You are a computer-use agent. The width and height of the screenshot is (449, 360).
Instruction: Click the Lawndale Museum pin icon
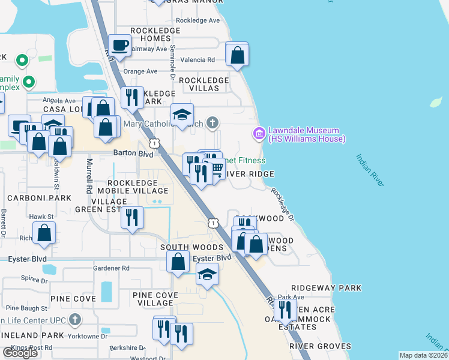[259, 133]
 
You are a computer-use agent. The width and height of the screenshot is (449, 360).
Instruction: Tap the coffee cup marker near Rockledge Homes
[119, 45]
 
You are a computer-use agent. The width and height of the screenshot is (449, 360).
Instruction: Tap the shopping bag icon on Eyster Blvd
[178, 262]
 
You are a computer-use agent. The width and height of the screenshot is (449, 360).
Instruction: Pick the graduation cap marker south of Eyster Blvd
[207, 274]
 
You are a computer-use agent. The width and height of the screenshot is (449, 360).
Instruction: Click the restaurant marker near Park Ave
[285, 310]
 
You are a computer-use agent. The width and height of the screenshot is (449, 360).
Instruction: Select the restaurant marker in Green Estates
[132, 217]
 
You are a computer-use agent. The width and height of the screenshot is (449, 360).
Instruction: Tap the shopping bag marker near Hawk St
[44, 232]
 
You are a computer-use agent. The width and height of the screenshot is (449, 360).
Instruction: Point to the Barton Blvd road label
[128, 153]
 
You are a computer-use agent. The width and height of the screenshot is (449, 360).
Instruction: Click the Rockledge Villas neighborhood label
[203, 84]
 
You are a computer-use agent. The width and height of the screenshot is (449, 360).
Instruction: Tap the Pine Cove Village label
[155, 299]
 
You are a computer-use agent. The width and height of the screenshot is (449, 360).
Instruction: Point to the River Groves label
[320, 346]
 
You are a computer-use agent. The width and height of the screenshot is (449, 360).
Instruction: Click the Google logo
[20, 353]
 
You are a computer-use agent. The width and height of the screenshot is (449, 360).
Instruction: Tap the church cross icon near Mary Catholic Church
[211, 124]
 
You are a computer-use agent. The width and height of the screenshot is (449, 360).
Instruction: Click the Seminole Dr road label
[172, 62]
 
